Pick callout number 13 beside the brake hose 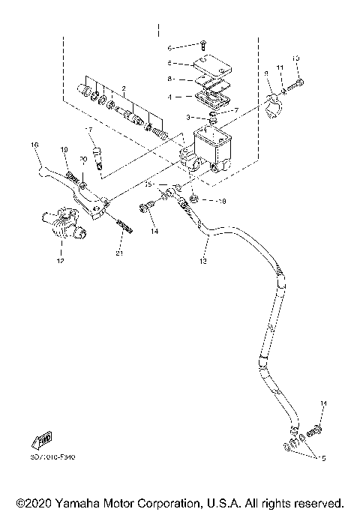(202, 262)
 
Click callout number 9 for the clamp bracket (266, 73)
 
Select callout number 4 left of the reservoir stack (169, 97)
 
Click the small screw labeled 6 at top (202, 46)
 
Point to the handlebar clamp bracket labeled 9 (275, 100)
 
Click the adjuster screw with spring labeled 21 (124, 225)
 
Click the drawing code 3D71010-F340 (53, 456)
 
